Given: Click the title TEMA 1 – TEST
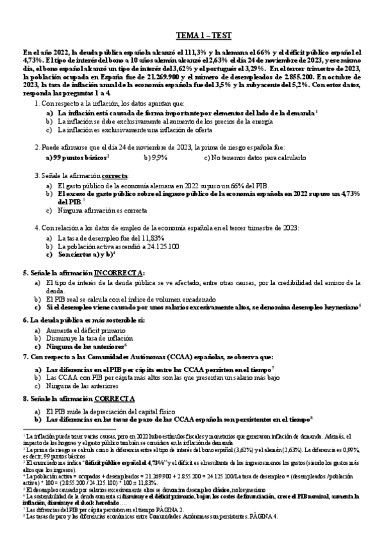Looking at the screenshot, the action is pos(200,36).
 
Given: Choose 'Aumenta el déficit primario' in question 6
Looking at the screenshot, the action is pos(97,328).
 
